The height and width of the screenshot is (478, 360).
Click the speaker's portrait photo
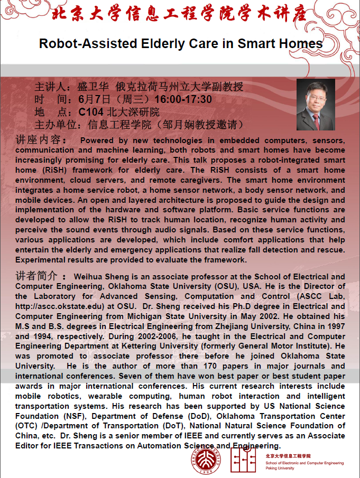click(316, 105)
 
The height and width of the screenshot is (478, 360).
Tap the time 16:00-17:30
click(183, 99)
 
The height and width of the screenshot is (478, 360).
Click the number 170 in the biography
click(216, 366)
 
